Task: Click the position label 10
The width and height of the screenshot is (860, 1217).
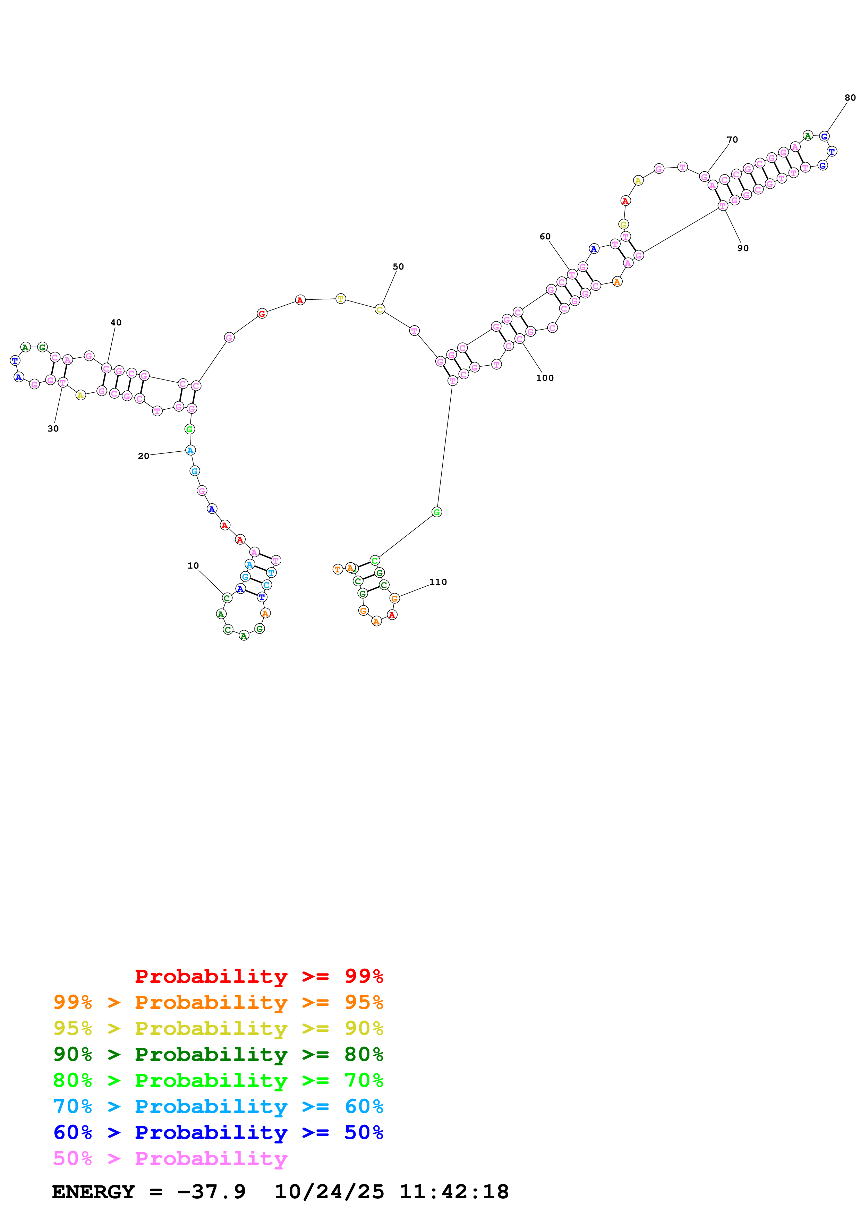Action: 193,565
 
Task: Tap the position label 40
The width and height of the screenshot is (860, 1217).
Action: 116,322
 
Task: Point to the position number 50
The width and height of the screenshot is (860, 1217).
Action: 398,267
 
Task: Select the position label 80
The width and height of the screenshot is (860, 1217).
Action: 850,97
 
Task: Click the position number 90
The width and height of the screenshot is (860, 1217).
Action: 743,248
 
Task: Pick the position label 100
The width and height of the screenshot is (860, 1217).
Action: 545,378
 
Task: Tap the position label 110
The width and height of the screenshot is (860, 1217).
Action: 438,582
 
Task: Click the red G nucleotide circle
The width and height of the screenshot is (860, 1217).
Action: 262,314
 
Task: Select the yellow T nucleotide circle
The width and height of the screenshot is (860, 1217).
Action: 341,299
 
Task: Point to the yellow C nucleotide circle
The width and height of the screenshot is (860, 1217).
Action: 380,309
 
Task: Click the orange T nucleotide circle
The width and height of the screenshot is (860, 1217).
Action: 338,569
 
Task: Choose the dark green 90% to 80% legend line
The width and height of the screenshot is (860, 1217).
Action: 218,1054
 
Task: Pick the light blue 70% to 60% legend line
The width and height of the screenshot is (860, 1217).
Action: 218,1106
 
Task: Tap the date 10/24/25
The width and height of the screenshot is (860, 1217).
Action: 329,1192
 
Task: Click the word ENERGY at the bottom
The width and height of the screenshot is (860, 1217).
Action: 93,1192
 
